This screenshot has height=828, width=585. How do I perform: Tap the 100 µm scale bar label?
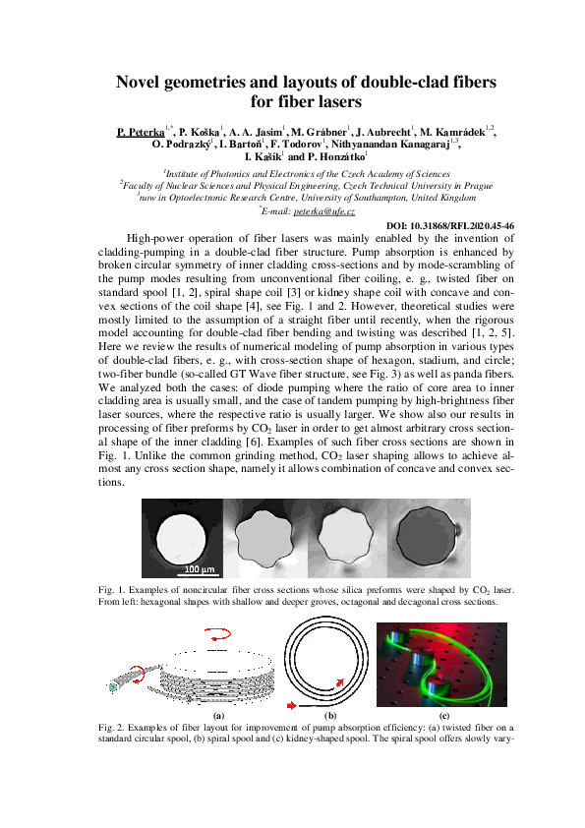(200, 568)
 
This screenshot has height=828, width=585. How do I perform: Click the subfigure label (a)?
(218, 715)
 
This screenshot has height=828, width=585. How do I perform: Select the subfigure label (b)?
(330, 715)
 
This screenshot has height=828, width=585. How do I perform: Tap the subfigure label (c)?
(444, 715)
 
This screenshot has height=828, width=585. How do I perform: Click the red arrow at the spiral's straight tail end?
(293, 705)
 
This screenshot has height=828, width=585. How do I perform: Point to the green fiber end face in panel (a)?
(115, 689)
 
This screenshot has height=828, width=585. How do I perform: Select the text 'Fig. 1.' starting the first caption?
(112, 589)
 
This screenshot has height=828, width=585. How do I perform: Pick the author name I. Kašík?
(263, 157)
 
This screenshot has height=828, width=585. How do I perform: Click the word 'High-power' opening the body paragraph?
(154, 238)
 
